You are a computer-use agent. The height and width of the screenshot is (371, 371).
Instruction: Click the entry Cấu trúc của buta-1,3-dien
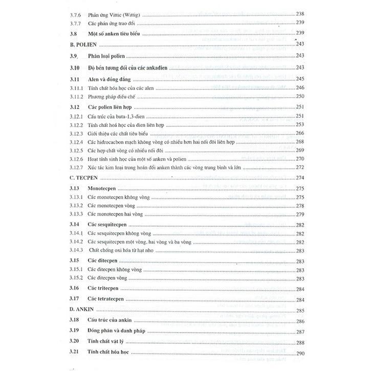tap(118, 116)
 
